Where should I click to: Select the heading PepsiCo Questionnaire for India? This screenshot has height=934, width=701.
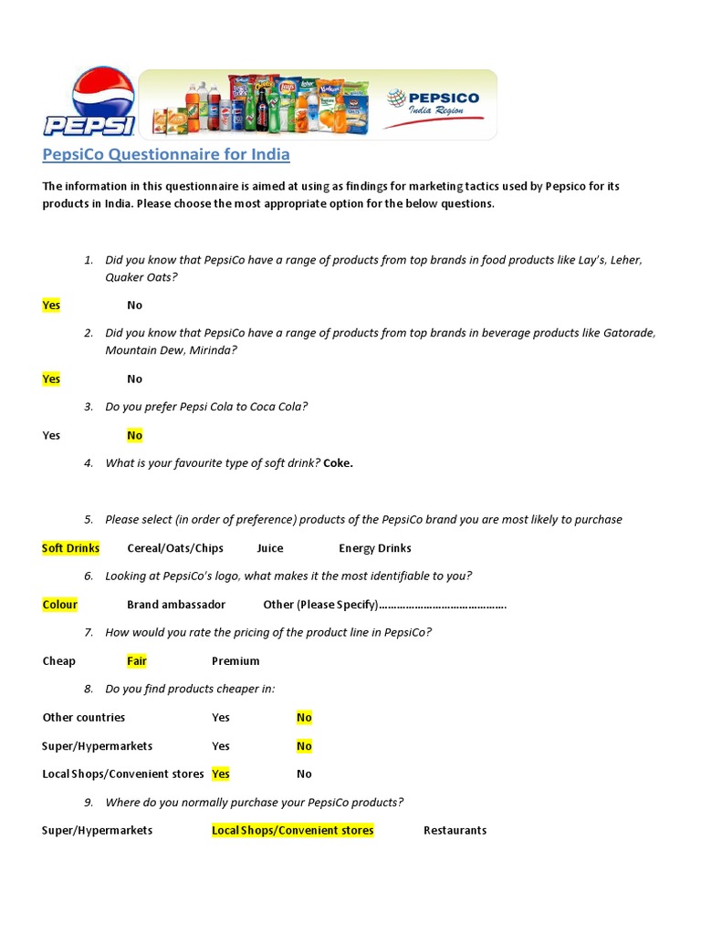pyautogui.click(x=166, y=154)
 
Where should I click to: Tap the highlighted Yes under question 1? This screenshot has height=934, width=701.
pyautogui.click(x=51, y=305)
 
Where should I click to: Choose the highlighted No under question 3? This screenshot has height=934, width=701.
pyautogui.click(x=135, y=435)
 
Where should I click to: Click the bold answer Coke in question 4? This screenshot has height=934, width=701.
pyautogui.click(x=338, y=462)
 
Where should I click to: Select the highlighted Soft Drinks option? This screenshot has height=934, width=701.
pyautogui.click(x=71, y=548)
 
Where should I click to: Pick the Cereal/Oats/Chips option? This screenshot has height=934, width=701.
pyautogui.click(x=175, y=548)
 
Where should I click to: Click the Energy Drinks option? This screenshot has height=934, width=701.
pyautogui.click(x=375, y=548)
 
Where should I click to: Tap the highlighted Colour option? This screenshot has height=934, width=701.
pyautogui.click(x=60, y=604)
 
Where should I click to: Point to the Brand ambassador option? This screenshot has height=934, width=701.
pyautogui.click(x=176, y=604)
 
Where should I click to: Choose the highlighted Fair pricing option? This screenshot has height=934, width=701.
pyautogui.click(x=137, y=660)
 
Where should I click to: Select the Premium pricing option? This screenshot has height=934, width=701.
pyautogui.click(x=235, y=660)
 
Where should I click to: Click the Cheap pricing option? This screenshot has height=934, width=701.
pyautogui.click(x=59, y=660)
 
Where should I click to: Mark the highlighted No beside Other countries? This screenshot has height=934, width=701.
pyautogui.click(x=304, y=717)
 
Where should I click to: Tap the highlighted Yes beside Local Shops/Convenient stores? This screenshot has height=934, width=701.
pyautogui.click(x=221, y=773)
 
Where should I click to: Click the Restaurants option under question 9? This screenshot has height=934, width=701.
pyautogui.click(x=455, y=830)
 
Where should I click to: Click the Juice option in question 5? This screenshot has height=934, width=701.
pyautogui.click(x=270, y=548)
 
